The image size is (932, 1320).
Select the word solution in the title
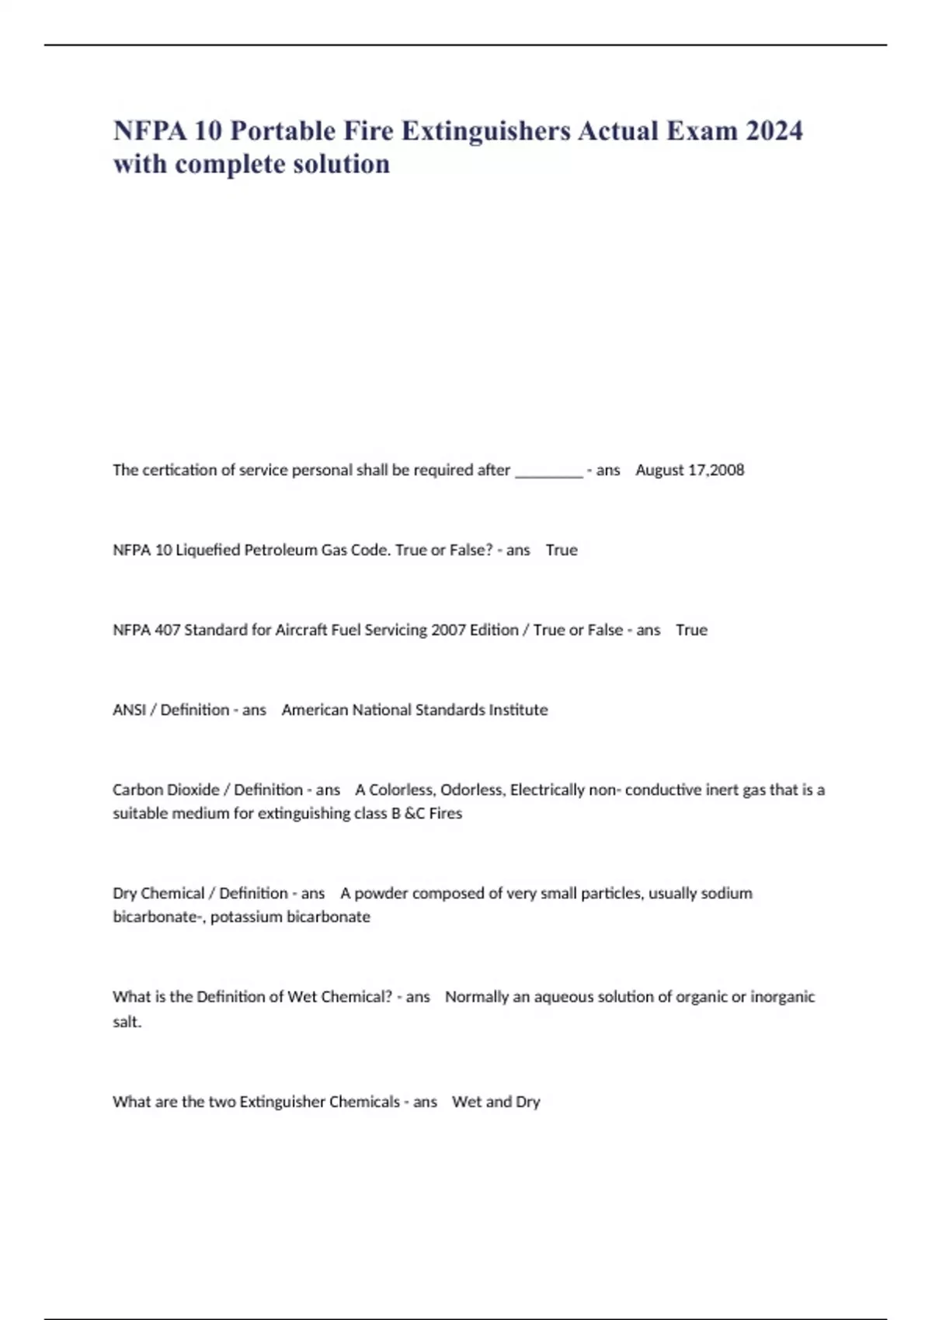pos(341,164)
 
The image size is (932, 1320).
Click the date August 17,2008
pos(690,470)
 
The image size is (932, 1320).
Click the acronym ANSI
pos(129,710)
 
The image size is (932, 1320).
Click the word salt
pos(127,1022)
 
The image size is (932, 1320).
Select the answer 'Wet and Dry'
pos(496,1102)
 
